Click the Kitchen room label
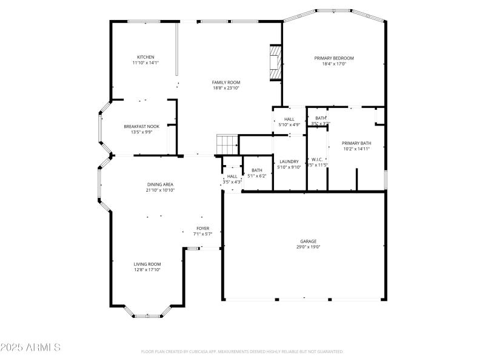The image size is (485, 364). click(145, 57)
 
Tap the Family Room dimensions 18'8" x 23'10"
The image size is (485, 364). click(226, 88)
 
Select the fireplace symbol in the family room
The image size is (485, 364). click(276, 62)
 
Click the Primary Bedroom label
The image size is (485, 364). click(333, 58)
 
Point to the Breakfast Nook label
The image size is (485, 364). click(141, 126)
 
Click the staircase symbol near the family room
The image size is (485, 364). click(227, 145)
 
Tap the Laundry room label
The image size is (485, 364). click(289, 161)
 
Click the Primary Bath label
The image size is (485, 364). click(356, 143)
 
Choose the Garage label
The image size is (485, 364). click(309, 241)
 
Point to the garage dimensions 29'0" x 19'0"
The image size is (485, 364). click(309, 247)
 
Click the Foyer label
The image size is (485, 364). click(202, 228)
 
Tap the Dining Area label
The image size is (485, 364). click(160, 184)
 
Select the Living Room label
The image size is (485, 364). click(147, 264)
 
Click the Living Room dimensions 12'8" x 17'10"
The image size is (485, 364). click(147, 270)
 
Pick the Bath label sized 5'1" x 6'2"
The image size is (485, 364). click(257, 170)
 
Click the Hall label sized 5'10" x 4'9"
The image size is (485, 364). click(289, 119)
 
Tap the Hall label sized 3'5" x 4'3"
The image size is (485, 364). click(232, 176)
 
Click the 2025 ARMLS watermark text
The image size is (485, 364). click(30, 348)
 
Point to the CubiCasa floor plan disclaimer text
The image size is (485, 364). click(242, 351)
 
